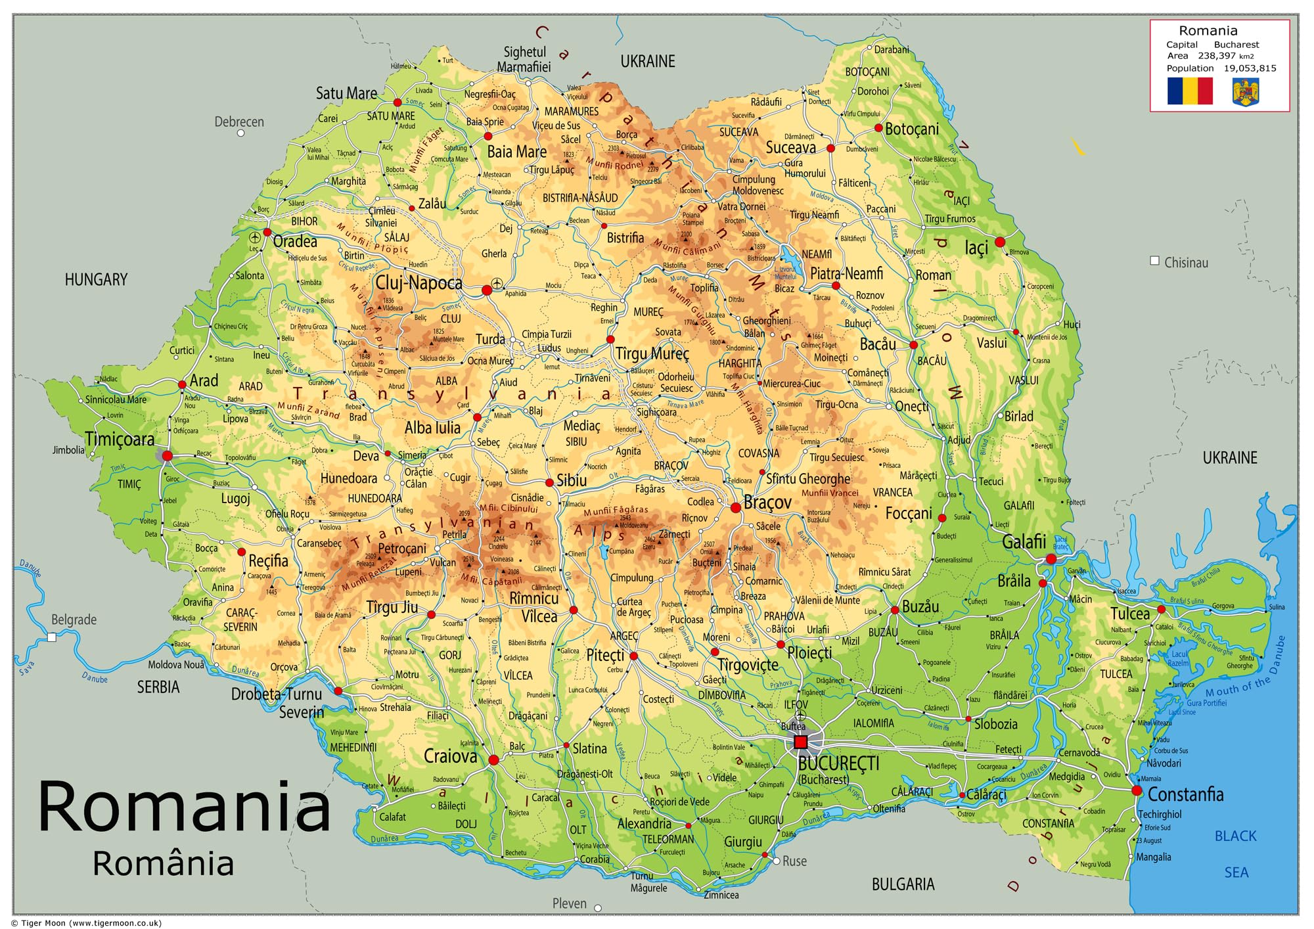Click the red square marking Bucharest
point(800,742)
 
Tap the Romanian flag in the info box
point(1190,91)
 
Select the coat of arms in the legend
point(1246,91)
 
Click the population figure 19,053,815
point(1250,68)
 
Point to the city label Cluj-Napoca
point(419,283)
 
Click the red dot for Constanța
point(1137,790)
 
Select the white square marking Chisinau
point(1154,261)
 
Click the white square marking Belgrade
point(52,637)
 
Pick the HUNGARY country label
point(96,280)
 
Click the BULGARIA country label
point(903,884)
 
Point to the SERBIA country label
point(158,687)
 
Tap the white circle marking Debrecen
point(240,133)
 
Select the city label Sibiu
point(572,481)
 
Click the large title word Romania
point(184,807)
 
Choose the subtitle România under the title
point(163,863)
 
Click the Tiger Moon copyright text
point(86,922)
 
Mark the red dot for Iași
point(1000,242)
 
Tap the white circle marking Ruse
point(776,861)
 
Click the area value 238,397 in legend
point(1217,56)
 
